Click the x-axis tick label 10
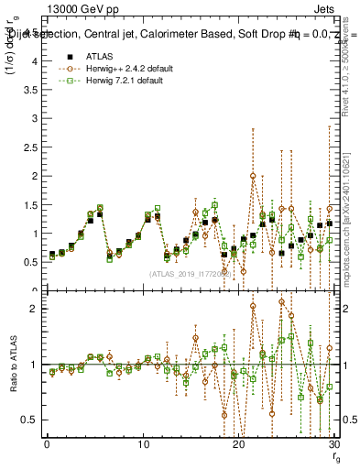tap(143, 447)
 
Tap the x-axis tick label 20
tap(239, 447)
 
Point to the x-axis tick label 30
tap(335, 447)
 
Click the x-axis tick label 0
tap(47, 447)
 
